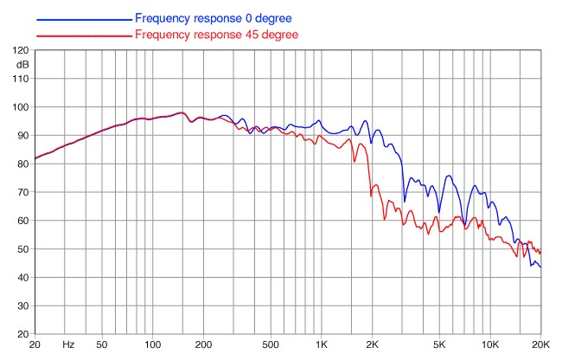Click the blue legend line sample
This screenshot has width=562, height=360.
click(x=84, y=20)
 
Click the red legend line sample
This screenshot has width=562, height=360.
click(x=84, y=35)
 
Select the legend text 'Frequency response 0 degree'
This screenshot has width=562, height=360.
click(x=214, y=18)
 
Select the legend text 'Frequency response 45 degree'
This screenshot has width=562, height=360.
click(x=216, y=35)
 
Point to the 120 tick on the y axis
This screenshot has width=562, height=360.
click(x=21, y=50)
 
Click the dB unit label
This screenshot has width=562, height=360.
click(x=22, y=65)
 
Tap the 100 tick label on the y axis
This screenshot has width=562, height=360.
click(x=21, y=106)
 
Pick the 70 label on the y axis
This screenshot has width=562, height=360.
click(x=22, y=192)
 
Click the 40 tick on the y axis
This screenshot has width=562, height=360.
click(x=22, y=277)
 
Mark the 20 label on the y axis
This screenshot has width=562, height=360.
click(x=22, y=334)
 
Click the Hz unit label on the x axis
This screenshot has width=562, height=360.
click(x=68, y=345)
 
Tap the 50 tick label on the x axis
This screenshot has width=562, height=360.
click(x=102, y=345)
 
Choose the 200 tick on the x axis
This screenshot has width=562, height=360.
click(x=203, y=345)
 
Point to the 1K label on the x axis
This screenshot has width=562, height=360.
click(x=322, y=345)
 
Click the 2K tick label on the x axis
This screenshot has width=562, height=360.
click(x=372, y=345)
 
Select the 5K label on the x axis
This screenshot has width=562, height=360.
click(x=439, y=345)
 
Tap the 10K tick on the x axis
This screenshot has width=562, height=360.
click(x=490, y=345)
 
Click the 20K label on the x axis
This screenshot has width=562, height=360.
click(x=540, y=345)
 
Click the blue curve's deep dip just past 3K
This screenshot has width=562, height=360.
click(x=405, y=202)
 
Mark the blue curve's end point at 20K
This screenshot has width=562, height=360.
click(x=540, y=267)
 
